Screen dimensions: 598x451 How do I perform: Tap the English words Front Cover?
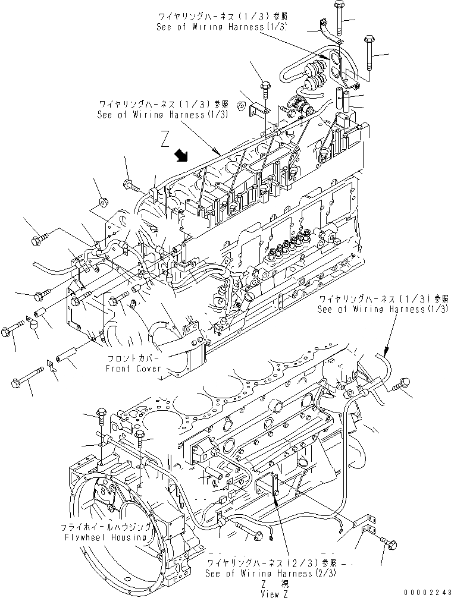pyautogui.click(x=133, y=369)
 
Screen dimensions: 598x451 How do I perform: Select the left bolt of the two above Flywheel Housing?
pyautogui.click(x=101, y=412)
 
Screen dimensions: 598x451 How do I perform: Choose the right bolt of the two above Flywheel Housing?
pyautogui.click(x=139, y=436)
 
